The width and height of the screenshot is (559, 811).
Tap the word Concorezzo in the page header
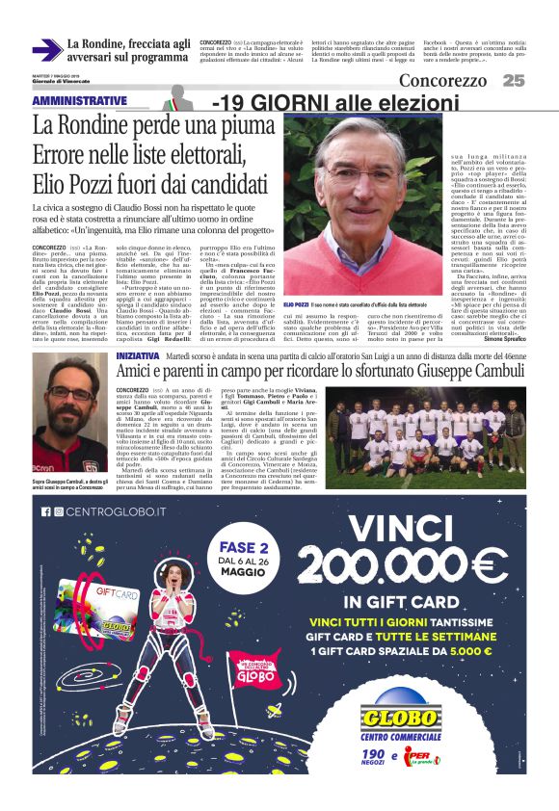442,81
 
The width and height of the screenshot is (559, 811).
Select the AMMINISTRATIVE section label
79,101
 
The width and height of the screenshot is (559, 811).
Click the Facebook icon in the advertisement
45,511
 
